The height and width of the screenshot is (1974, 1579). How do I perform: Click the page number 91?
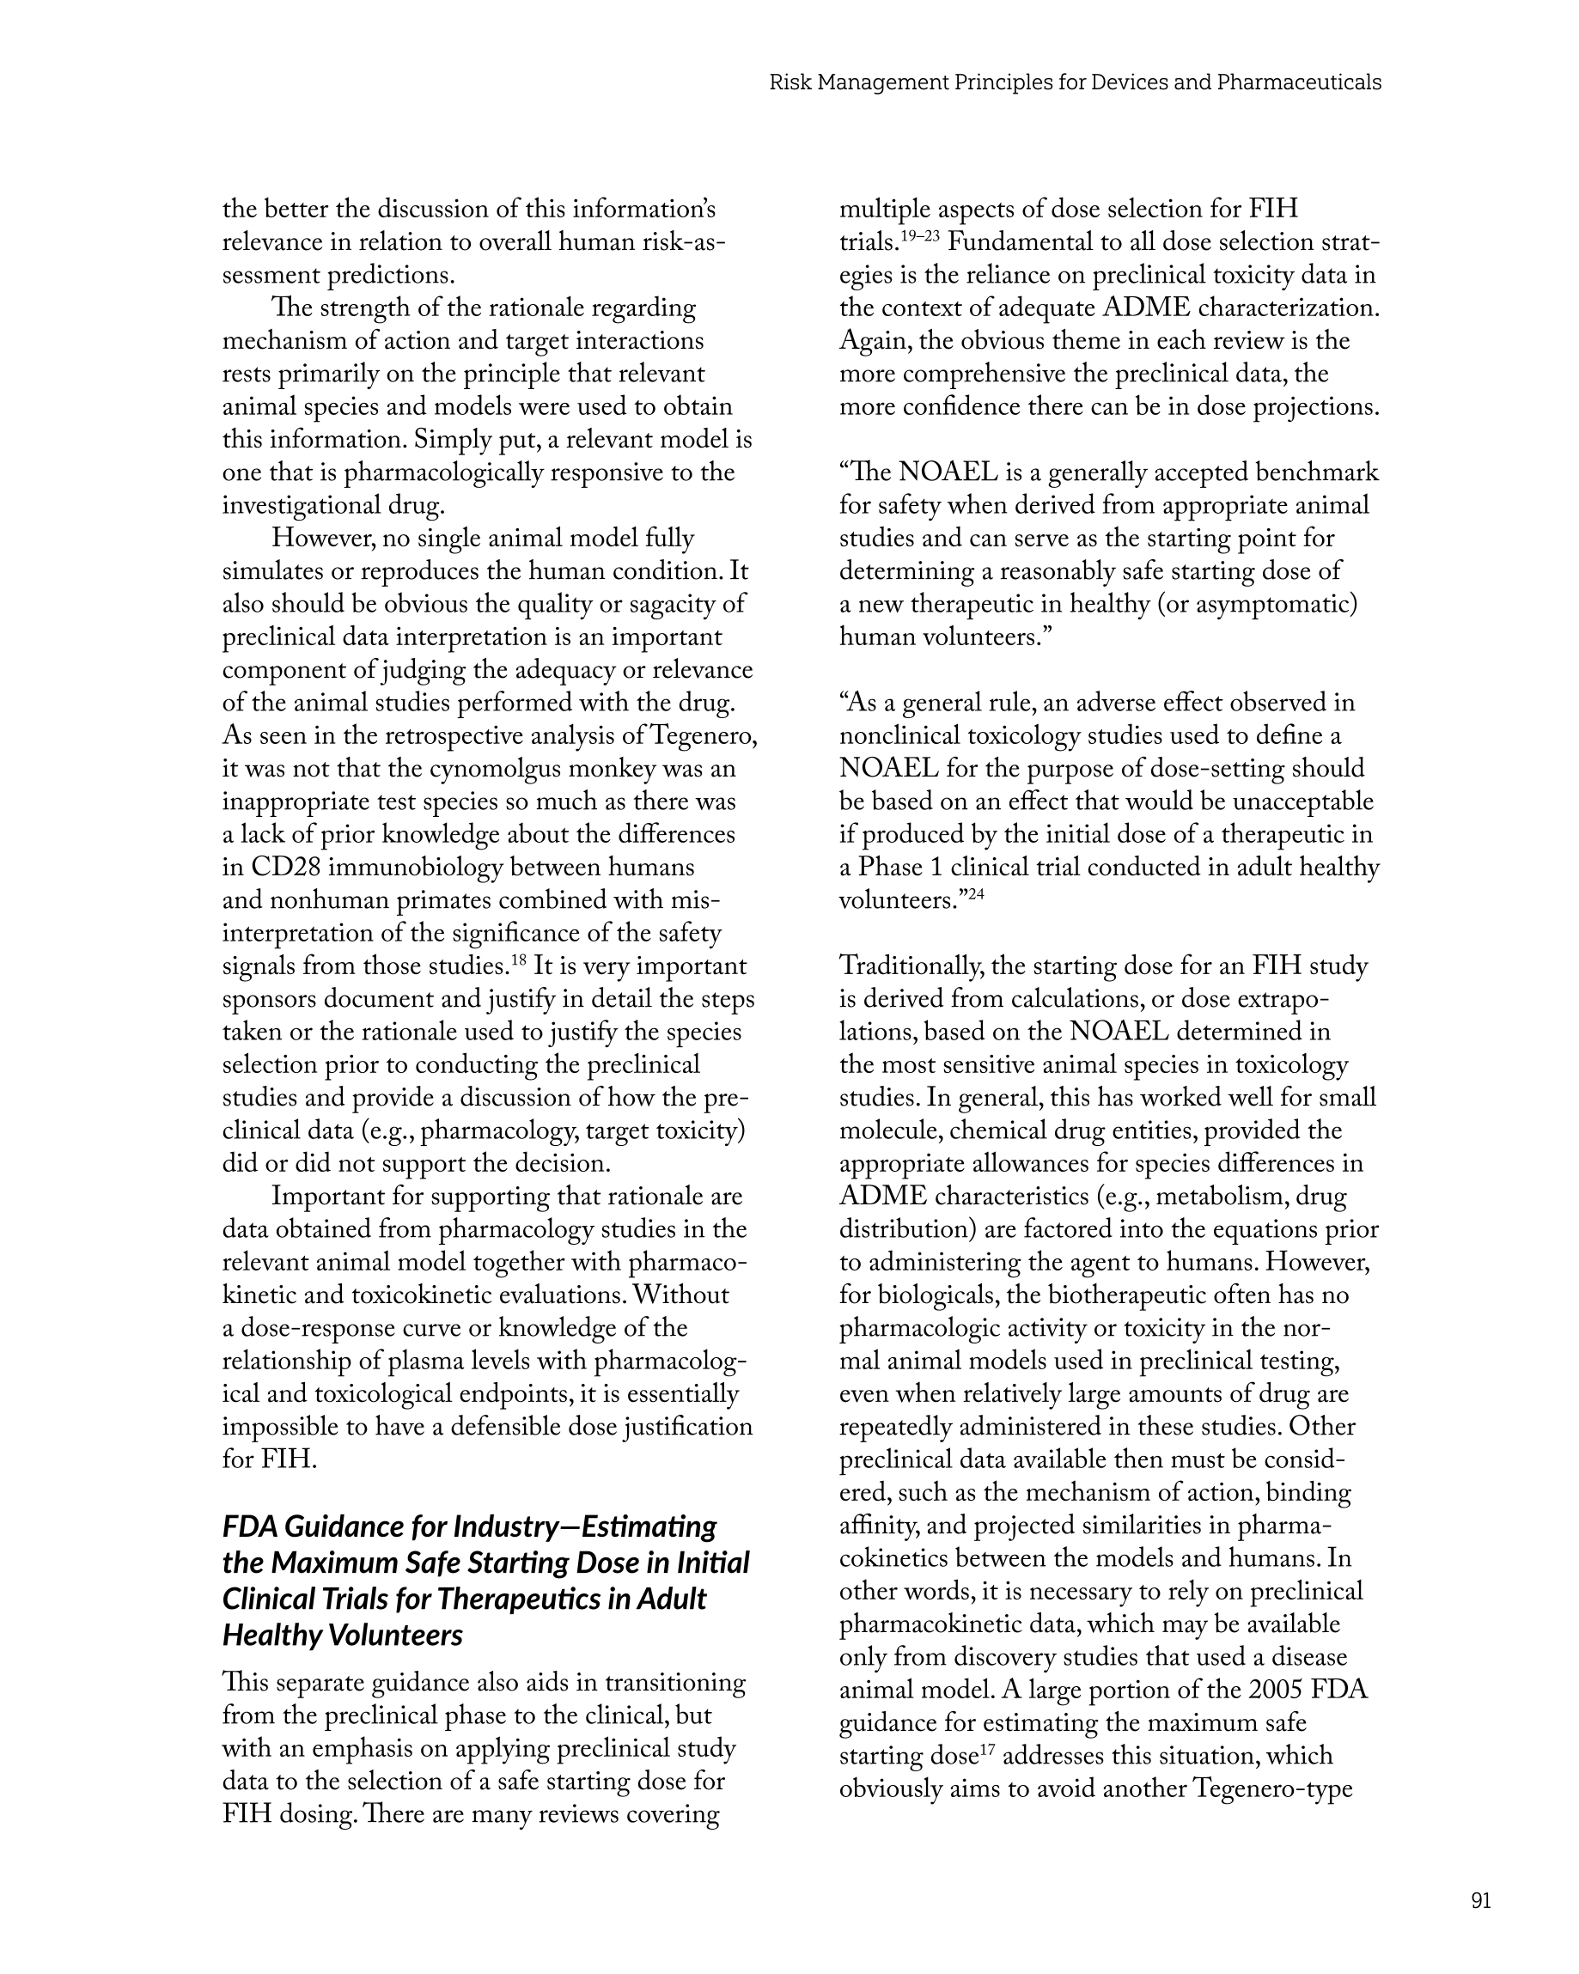coord(1480,1900)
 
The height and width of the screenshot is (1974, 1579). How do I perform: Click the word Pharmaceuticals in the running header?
coord(1299,82)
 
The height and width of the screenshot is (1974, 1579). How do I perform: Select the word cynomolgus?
coord(496,769)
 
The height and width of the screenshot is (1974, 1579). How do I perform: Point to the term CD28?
coord(285,868)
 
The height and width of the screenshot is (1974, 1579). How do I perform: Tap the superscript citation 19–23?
coord(918,235)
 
